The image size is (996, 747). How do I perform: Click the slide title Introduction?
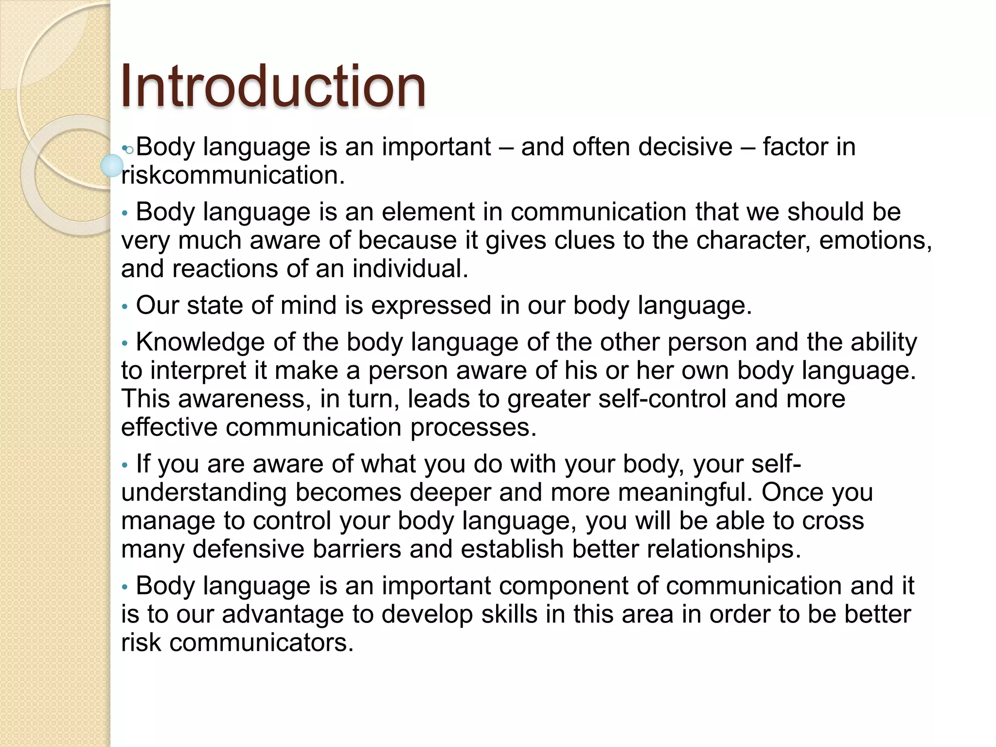tap(273, 87)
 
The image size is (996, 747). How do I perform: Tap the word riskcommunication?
tap(233, 176)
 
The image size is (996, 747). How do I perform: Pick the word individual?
tap(410, 268)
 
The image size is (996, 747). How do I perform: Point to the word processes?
tap(473, 427)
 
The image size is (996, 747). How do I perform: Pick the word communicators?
tap(261, 642)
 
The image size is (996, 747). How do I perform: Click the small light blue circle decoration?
tap(112, 165)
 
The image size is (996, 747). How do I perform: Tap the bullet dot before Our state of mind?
tap(125, 307)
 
